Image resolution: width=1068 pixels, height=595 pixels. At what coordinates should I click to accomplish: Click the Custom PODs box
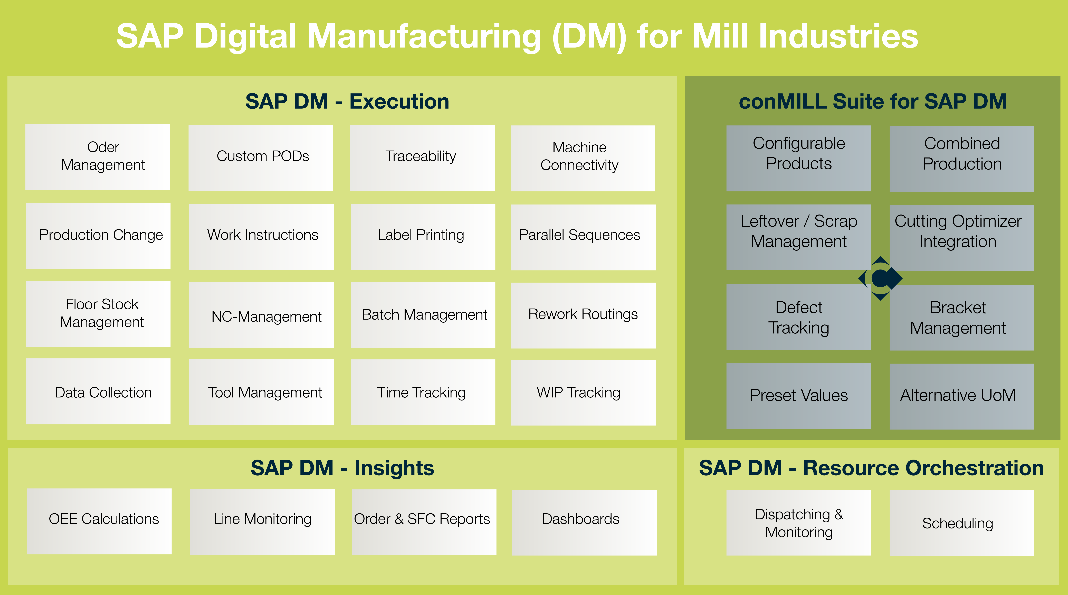pos(261,158)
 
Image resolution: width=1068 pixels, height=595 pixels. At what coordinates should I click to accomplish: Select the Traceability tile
pos(423,158)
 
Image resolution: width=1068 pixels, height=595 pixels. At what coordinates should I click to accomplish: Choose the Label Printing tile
pos(423,237)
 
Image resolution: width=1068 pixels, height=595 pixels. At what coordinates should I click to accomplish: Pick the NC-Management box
pos(261,315)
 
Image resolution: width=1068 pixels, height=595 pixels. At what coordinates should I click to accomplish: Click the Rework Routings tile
pos(583,315)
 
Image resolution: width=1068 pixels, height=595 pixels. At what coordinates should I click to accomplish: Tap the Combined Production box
pos(962,159)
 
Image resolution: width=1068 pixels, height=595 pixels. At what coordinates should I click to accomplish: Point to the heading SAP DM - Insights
pos(342,468)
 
